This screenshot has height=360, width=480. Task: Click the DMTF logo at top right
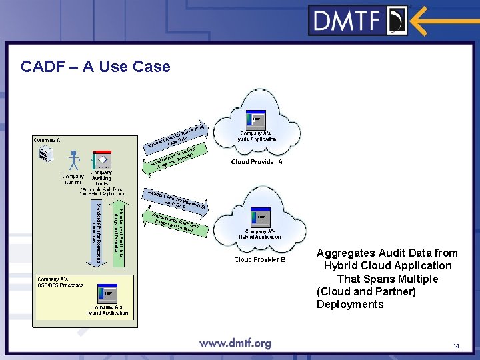[x=358, y=20]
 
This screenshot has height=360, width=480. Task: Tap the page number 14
[x=456, y=346]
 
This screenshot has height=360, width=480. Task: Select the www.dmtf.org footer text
[x=235, y=343]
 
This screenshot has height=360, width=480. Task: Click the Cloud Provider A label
[x=257, y=162]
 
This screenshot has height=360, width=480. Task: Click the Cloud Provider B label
[x=259, y=259]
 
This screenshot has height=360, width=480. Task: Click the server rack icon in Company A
[x=45, y=155]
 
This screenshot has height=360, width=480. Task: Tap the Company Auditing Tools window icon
[x=101, y=160]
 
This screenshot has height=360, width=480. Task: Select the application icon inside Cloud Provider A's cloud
[x=256, y=120]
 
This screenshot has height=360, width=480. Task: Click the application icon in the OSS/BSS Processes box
[x=107, y=294]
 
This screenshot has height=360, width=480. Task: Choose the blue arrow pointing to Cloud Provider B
[x=175, y=198]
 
